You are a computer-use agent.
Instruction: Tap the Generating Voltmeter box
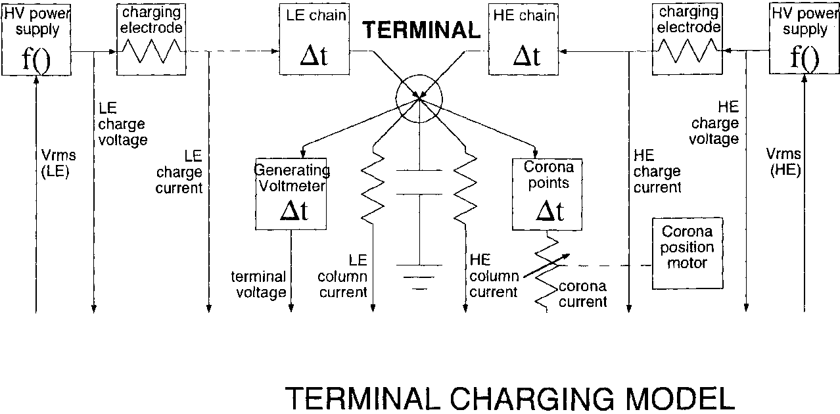(x=291, y=194)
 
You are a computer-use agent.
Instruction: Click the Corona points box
(x=549, y=194)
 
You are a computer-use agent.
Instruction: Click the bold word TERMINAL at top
(x=421, y=30)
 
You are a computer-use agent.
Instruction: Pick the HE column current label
(x=492, y=276)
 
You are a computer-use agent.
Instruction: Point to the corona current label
(x=582, y=294)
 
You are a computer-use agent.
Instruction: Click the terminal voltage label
(x=258, y=285)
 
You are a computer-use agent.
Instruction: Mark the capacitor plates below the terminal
(x=419, y=184)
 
